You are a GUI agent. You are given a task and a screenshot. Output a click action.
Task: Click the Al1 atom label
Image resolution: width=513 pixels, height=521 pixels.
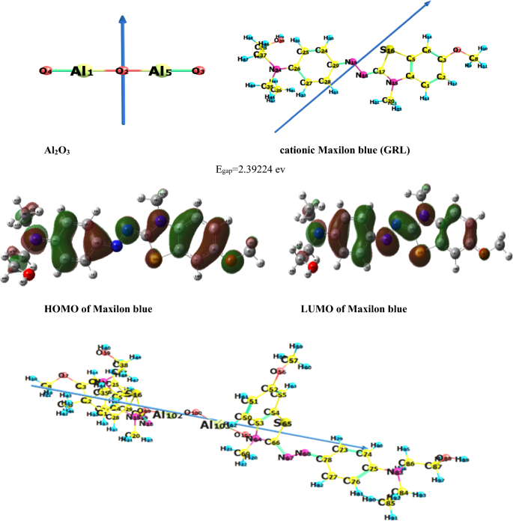coord(82,71)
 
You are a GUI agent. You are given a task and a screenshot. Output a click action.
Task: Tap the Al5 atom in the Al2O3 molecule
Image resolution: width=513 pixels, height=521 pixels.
coord(160,71)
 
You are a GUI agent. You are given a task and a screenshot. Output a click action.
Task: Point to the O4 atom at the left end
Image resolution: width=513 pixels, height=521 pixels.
coord(46,71)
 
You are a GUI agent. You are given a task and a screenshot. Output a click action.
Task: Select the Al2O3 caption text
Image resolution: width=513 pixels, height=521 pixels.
coord(58,150)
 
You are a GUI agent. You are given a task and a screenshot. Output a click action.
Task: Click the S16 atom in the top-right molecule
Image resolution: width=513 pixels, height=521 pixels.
coord(386,50)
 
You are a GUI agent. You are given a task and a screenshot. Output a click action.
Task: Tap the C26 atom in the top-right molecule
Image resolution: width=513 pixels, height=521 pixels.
coord(294,69)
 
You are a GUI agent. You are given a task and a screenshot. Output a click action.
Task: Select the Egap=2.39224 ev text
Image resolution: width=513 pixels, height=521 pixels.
coord(252,170)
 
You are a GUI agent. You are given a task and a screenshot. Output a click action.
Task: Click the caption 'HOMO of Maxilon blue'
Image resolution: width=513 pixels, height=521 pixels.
coord(106,309)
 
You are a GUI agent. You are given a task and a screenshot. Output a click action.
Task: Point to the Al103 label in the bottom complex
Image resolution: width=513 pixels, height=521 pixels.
coord(213,424)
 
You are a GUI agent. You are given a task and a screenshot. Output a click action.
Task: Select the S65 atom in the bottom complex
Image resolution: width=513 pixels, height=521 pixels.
coord(282,424)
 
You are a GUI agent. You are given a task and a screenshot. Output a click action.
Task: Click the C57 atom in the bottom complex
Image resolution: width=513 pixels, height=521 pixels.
coord(282,360)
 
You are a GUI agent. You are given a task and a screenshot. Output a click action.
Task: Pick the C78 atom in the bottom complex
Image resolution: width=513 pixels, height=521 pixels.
coord(324,459)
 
